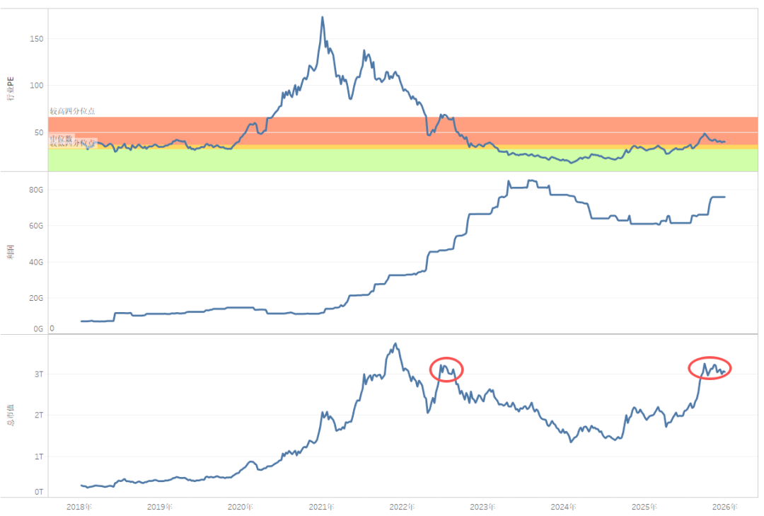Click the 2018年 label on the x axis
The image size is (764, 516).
[x=79, y=507]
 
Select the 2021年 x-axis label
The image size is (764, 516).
[x=322, y=507]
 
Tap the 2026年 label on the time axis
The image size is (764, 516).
[x=725, y=507]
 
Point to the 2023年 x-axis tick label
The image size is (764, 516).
[x=483, y=507]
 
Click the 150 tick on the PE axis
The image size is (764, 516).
[x=36, y=39]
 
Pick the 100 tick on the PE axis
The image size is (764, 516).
[x=36, y=86]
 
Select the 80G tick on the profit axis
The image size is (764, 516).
[x=36, y=190]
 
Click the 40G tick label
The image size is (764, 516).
[x=36, y=262]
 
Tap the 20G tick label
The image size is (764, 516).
[x=36, y=298]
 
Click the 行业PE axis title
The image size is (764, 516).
[x=10, y=90]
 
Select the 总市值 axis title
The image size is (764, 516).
[x=10, y=414]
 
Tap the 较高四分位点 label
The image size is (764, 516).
[x=72, y=111]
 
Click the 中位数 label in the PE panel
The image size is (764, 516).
[x=62, y=139]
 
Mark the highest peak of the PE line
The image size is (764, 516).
[x=323, y=17]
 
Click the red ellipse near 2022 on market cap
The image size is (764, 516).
[x=446, y=369]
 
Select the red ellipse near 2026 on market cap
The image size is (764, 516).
[x=710, y=367]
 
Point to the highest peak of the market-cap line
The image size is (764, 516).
[x=395, y=344]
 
